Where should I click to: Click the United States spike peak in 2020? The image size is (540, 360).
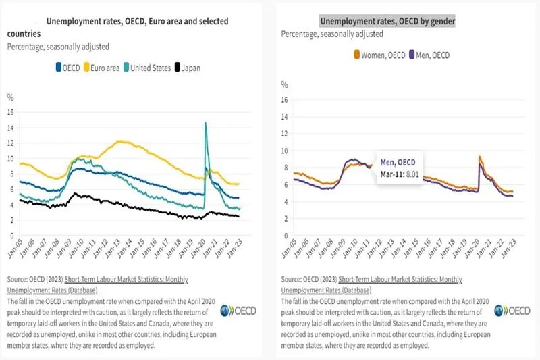point(205,123)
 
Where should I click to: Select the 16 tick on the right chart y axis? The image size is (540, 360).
point(286,99)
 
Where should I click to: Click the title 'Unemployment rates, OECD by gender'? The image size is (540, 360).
point(387,22)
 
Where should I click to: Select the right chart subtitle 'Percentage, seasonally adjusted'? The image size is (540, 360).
point(332,34)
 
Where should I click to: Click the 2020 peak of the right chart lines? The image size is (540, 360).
point(479,157)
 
